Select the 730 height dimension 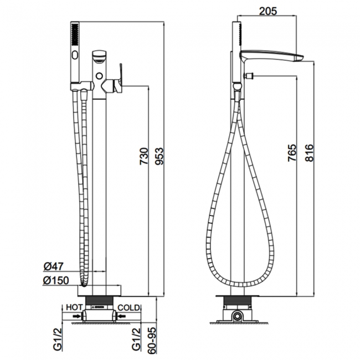(x=143, y=156)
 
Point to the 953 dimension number (x=160, y=156)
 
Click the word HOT (x=74, y=306)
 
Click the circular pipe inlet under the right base (x=238, y=317)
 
